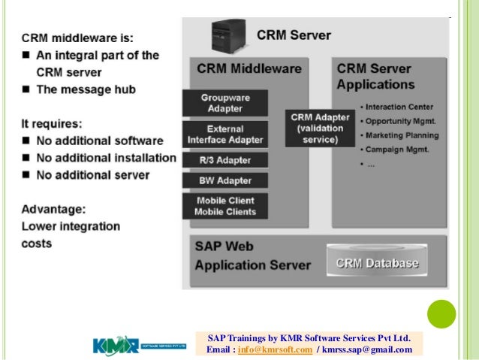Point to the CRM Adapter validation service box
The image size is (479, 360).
click(320, 128)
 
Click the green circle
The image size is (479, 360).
click(442, 315)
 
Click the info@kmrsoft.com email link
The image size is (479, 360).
click(275, 349)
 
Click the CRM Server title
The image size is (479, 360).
click(294, 35)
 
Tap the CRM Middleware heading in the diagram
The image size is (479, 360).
click(249, 68)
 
